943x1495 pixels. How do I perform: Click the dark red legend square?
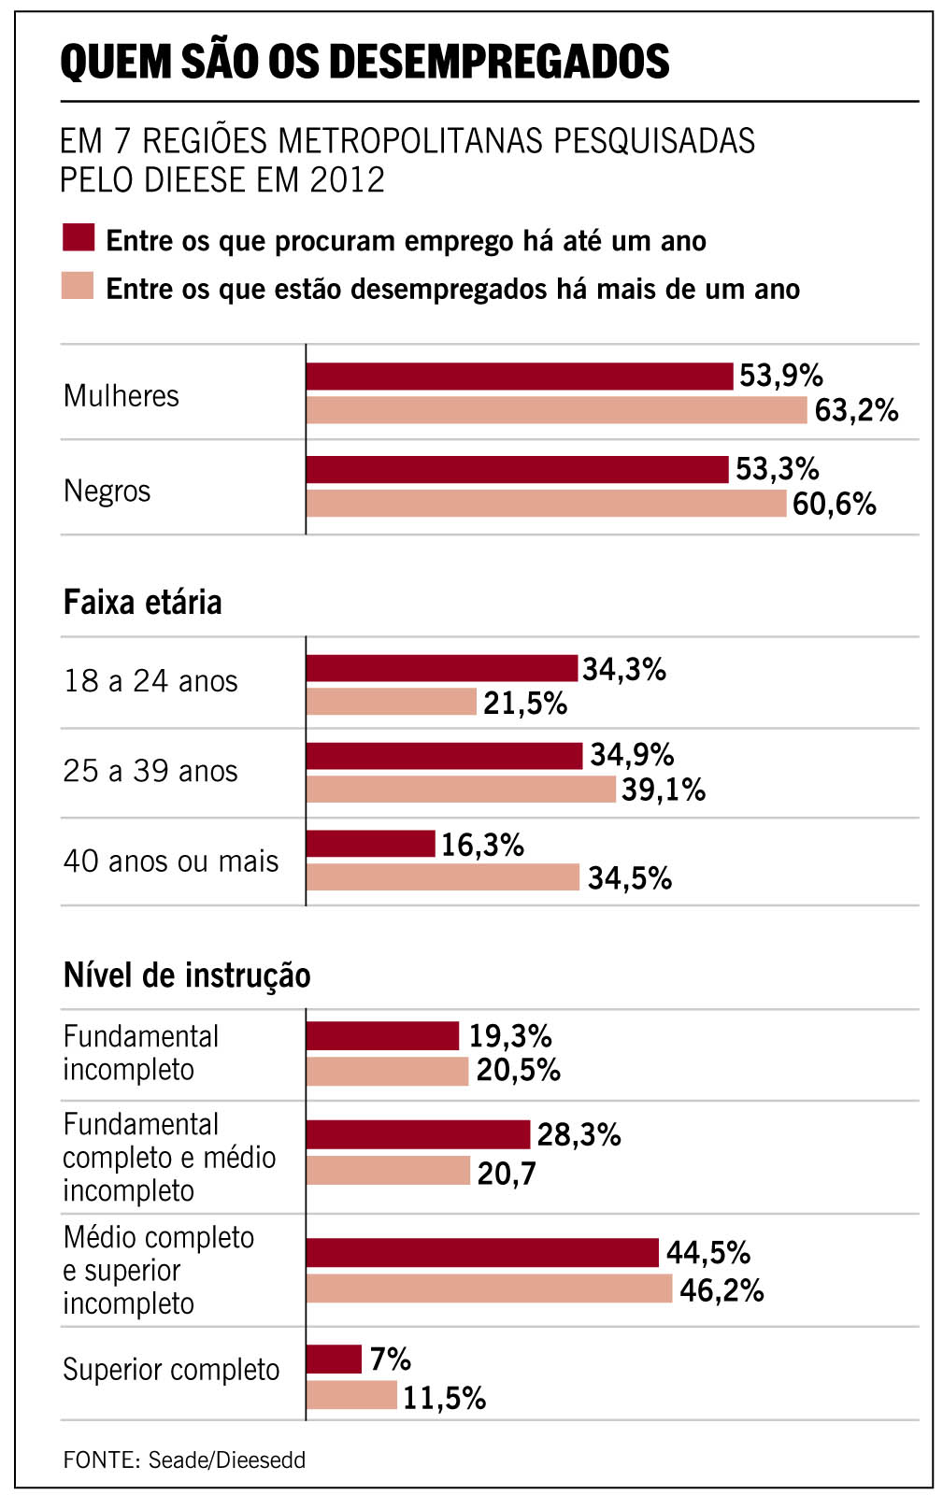(x=79, y=237)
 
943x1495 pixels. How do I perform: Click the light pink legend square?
(x=79, y=285)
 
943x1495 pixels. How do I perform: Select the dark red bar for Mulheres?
(x=519, y=377)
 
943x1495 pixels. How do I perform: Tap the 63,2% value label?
(x=856, y=410)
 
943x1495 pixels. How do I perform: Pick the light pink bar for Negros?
(x=546, y=504)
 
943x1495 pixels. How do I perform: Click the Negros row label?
(x=107, y=491)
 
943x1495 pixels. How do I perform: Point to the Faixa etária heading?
(x=142, y=603)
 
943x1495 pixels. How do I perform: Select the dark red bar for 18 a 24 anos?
(x=441, y=668)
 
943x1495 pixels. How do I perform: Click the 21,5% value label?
(x=525, y=704)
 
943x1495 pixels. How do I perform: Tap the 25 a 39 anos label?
(x=150, y=771)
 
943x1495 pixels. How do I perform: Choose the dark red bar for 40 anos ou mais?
(x=370, y=844)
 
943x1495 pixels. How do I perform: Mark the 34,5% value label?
(x=629, y=878)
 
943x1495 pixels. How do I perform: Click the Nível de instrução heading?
(x=187, y=975)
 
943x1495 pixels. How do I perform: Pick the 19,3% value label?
(x=509, y=1036)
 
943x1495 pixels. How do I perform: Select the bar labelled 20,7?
(x=388, y=1171)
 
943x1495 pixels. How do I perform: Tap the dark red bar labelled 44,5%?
(x=482, y=1253)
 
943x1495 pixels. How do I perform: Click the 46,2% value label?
(x=722, y=1290)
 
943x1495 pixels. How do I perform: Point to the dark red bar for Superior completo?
(x=334, y=1360)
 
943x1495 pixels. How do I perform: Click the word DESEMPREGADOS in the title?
(x=499, y=62)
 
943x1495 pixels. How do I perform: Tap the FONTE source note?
(x=184, y=1459)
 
